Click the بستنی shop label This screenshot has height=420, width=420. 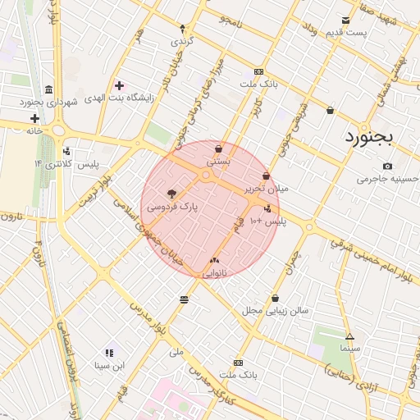218,162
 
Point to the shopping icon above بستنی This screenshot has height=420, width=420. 218,149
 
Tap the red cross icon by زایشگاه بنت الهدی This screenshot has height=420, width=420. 120,85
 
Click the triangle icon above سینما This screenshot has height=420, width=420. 350,336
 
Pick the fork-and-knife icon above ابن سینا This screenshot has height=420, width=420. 109,353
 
